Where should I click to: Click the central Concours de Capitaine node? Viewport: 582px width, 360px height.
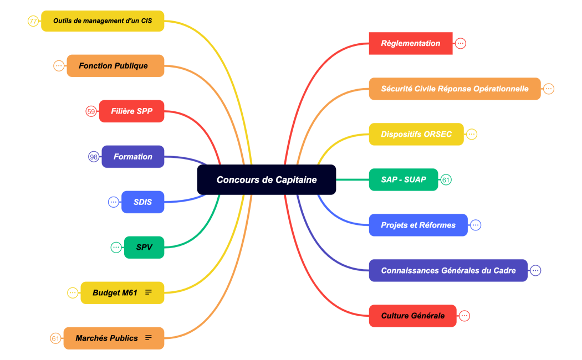267,179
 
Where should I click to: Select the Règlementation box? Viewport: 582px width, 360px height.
411,43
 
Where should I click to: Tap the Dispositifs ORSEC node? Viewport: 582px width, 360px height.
416,134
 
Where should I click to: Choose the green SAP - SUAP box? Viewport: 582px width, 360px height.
404,179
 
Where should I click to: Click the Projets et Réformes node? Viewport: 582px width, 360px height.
418,225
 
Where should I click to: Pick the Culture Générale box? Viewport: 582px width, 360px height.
413,316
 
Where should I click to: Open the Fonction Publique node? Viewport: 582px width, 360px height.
115,65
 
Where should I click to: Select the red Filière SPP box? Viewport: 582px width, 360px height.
131,111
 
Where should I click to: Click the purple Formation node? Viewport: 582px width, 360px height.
133,157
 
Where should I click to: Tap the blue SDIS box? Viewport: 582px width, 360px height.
143,202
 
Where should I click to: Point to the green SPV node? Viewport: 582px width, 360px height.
144,248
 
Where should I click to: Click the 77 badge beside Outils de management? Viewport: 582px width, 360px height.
33,21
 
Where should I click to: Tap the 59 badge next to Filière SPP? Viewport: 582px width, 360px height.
91,111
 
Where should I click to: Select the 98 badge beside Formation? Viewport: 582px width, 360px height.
94,157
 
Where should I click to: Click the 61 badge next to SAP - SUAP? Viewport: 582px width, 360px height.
446,179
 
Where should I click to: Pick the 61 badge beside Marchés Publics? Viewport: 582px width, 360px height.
55,338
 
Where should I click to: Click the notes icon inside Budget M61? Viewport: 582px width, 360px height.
149,292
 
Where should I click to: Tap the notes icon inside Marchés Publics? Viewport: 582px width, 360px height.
149,338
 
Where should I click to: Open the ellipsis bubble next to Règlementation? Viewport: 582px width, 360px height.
461,43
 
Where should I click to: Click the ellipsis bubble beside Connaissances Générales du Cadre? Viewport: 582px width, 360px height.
535,270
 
